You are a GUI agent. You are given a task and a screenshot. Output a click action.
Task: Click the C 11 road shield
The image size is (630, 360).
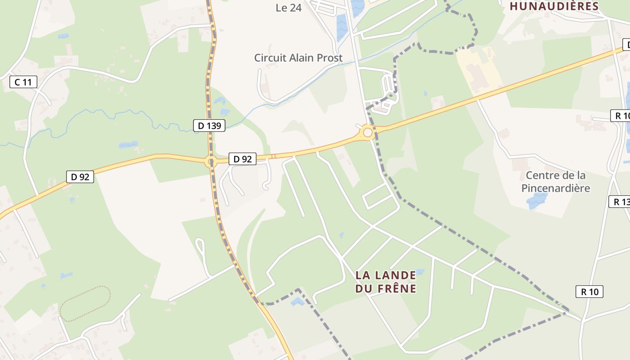point(23,82)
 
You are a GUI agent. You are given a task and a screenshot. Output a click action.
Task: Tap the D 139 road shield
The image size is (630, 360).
point(209,126)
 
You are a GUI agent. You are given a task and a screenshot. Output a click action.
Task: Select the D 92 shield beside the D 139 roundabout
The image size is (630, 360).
point(243,158)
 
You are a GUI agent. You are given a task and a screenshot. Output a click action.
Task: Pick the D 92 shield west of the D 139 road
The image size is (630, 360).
point(80,177)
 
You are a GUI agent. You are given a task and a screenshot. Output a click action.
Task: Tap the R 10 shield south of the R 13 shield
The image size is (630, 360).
point(589,292)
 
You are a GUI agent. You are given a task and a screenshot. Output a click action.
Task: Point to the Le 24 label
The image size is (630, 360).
point(288,8)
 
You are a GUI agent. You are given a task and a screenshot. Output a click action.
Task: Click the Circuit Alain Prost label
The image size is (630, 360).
point(298,58)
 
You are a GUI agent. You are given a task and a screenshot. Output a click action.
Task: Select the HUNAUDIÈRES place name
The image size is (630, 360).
point(554,6)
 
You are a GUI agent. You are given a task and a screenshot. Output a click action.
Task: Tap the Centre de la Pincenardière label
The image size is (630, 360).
point(556,181)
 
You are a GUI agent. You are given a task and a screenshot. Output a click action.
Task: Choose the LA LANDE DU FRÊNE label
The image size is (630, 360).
point(386,281)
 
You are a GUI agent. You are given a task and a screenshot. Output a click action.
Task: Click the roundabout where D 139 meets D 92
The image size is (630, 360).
point(211,161)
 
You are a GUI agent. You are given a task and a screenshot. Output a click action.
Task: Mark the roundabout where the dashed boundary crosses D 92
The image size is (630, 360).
point(368,132)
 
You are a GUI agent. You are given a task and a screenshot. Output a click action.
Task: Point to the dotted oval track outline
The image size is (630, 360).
point(85,304)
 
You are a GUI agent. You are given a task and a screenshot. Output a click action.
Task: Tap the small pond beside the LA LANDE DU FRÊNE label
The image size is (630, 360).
point(419,272)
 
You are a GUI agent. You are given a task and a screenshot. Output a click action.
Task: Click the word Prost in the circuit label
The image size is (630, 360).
point(328,58)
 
